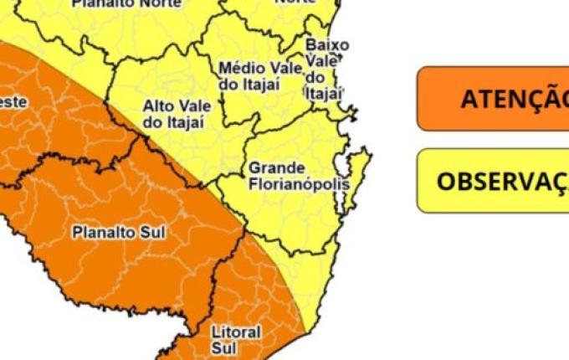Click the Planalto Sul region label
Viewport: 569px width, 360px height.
click(118, 231)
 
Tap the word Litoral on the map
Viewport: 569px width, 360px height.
click(237, 332)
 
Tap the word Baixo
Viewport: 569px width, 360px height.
click(327, 44)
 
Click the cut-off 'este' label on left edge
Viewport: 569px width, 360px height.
click(13, 101)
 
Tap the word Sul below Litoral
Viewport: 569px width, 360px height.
click(224, 347)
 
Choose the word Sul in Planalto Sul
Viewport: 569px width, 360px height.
click(151, 231)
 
